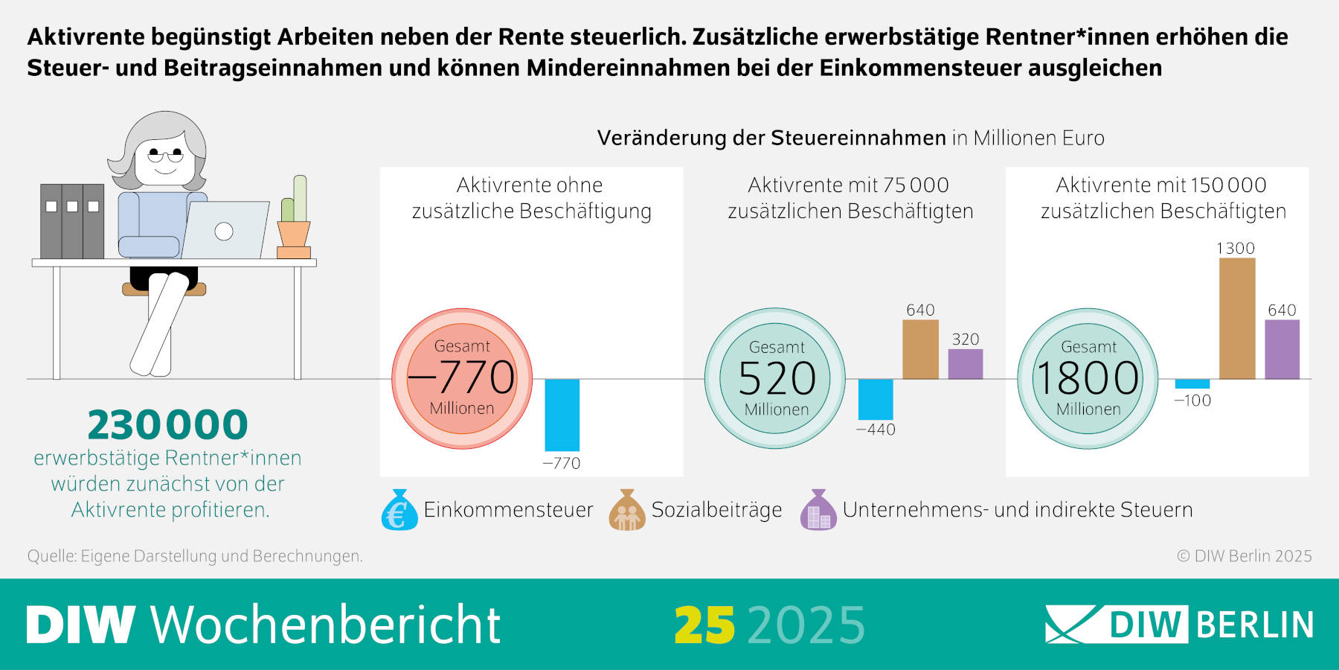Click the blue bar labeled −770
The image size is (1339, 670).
click(x=562, y=415)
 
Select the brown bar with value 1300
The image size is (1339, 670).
click(x=1236, y=319)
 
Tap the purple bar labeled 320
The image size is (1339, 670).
click(x=965, y=364)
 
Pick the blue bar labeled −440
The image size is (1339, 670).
click(x=876, y=399)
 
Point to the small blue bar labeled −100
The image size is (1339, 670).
click(x=1192, y=384)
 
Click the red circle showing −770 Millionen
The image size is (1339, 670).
click(x=462, y=378)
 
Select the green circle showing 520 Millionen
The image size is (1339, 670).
click(x=775, y=378)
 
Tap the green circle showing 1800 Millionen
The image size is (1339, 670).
click(x=1088, y=378)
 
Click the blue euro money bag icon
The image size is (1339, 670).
click(x=399, y=510)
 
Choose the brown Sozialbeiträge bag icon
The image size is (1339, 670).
click(x=627, y=510)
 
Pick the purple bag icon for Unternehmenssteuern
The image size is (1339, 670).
click(x=818, y=510)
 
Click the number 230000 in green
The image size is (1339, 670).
click(x=167, y=425)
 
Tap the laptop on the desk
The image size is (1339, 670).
click(x=225, y=230)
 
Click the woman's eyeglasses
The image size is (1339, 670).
click(x=165, y=156)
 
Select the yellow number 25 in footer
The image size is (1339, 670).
click(x=704, y=625)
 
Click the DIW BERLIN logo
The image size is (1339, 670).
click(x=1179, y=624)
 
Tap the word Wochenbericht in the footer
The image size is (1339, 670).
click(x=326, y=625)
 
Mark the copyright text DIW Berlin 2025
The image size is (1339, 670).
click(x=1244, y=556)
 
